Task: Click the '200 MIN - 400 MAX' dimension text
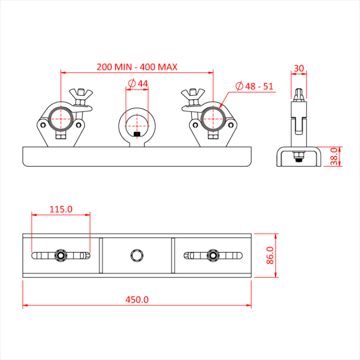(x=137, y=67)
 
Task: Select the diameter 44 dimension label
(x=137, y=83)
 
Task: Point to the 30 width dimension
(x=299, y=68)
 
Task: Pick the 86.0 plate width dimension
(x=269, y=255)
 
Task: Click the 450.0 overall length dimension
(x=137, y=299)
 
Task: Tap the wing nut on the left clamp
(x=81, y=95)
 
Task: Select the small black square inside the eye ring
(x=137, y=135)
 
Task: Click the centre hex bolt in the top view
(x=137, y=255)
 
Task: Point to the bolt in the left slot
(x=61, y=255)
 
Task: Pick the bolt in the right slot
(x=212, y=255)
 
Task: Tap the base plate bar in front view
(x=137, y=156)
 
